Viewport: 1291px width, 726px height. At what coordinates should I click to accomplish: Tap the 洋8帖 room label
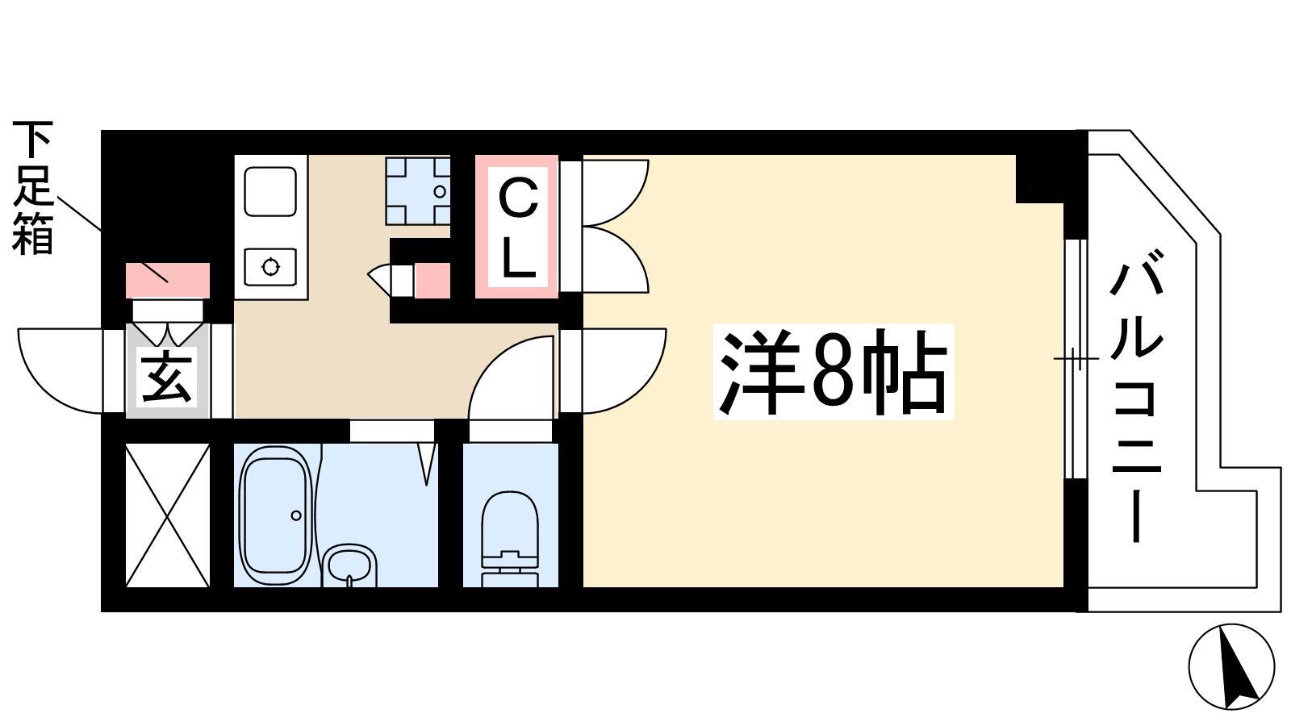tap(833, 372)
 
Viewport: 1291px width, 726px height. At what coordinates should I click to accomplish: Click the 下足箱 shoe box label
tap(33, 188)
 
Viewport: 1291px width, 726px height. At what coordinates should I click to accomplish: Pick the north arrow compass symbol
tap(1231, 666)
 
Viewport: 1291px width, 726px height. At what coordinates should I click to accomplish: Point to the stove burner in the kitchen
tap(270, 267)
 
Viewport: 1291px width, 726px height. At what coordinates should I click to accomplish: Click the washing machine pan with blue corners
tap(418, 190)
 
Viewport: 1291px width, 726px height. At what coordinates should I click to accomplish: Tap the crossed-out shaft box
tap(167, 515)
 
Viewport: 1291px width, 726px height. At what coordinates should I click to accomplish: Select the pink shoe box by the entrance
tap(167, 281)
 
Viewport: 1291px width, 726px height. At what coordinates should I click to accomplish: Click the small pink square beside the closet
tap(432, 281)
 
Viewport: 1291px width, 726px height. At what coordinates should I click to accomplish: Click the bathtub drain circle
tap(295, 515)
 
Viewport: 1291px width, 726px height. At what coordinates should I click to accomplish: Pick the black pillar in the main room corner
tap(1040, 178)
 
